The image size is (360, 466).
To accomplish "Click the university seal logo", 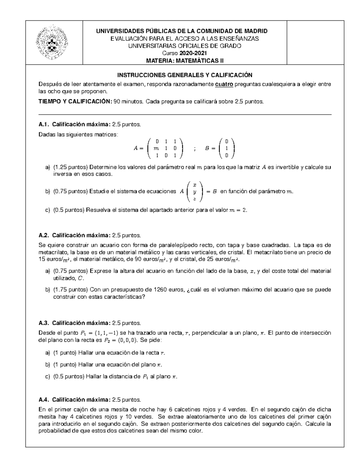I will pos(52,43).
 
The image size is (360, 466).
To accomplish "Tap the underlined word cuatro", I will pos(224,84).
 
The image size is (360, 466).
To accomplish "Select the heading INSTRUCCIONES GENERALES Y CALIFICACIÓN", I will pos(184,75).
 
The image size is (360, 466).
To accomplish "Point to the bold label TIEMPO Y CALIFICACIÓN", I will pos(75,102).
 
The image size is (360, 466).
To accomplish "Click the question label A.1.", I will pos(44,125).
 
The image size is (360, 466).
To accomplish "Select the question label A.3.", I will pos(44,323).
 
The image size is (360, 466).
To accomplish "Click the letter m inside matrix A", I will pos(156,148).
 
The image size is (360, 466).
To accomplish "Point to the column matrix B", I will pos(227,148).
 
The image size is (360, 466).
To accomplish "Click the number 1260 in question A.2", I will pos(160,290).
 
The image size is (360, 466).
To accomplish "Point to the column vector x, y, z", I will pos(195,191).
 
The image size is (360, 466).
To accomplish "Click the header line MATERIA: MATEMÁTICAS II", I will pos(184,61).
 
